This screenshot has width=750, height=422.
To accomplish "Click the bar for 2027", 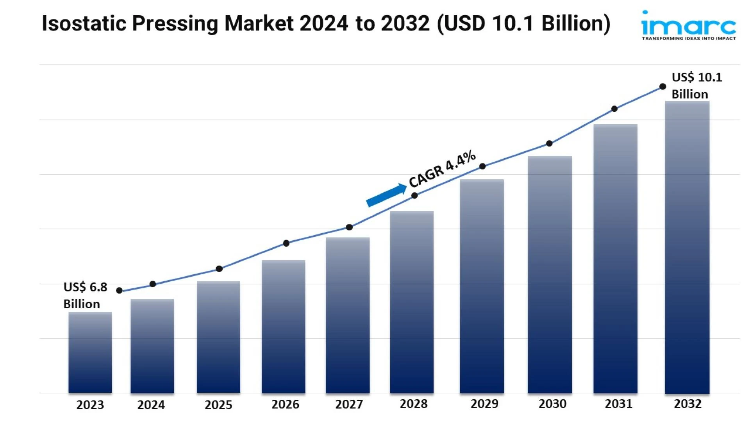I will (348, 315).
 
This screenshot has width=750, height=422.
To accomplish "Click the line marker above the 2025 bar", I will (219, 269).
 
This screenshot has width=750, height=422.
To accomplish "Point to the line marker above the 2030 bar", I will (549, 143).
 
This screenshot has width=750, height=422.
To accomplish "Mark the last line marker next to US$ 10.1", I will (662, 87).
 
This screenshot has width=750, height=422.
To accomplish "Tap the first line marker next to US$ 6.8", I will (120, 290).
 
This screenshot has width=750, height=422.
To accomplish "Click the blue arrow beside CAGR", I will (386, 195).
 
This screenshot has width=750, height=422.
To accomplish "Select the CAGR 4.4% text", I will (442, 168).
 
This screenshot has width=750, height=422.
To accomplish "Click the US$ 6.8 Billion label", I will (85, 295).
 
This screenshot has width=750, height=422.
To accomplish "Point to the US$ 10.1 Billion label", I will (696, 86).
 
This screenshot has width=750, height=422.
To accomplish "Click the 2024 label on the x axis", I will (151, 405).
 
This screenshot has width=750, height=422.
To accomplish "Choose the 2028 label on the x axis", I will (413, 404).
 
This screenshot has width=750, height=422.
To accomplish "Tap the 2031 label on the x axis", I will (618, 404).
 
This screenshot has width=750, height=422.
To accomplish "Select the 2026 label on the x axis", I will (285, 404).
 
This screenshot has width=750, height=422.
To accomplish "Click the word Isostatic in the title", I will (84, 23).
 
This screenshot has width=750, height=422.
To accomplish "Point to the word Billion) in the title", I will (576, 23).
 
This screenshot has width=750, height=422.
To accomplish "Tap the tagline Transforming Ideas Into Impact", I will (689, 38).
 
